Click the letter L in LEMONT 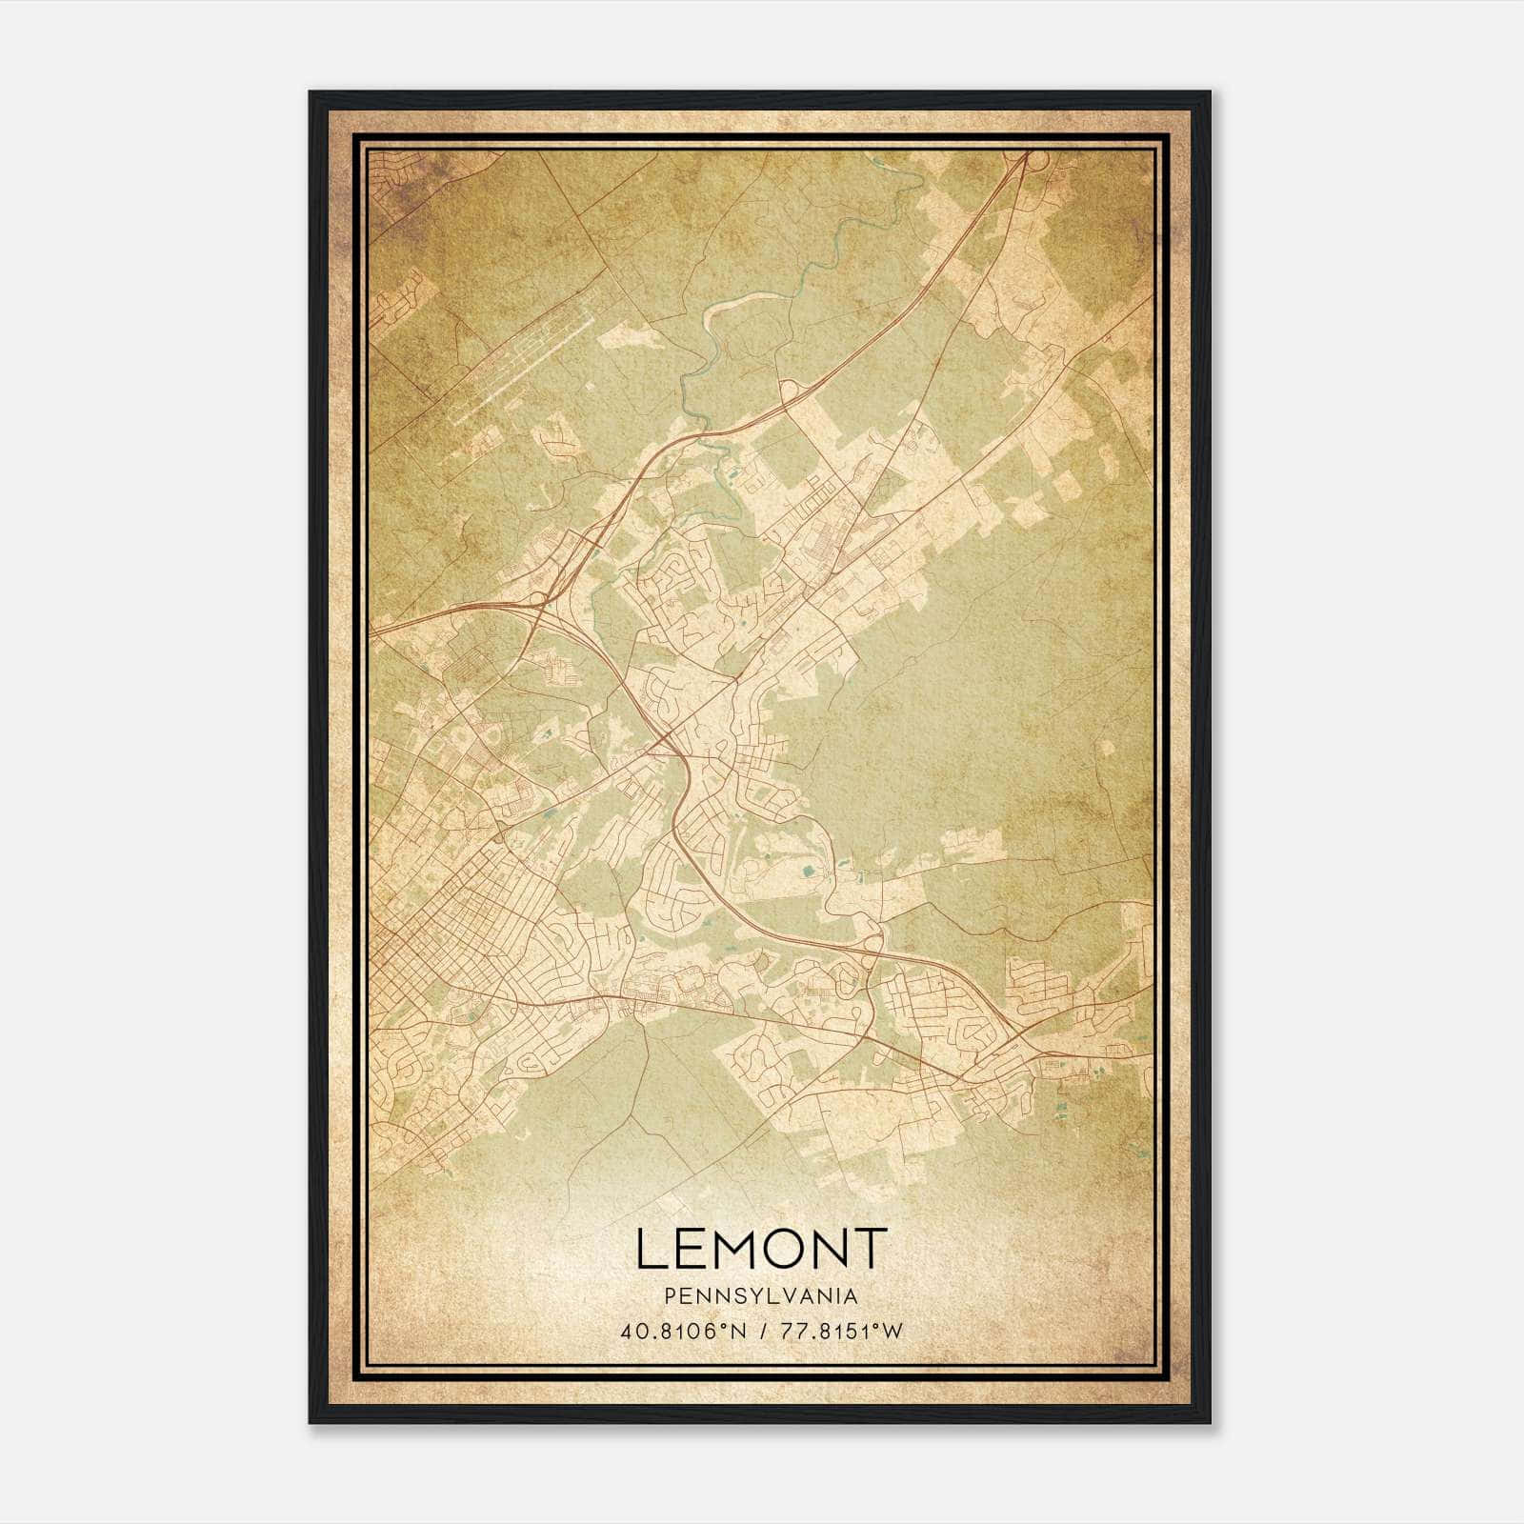point(651,1249)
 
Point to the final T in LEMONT point(872,1249)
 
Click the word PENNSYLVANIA point(760,1296)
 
